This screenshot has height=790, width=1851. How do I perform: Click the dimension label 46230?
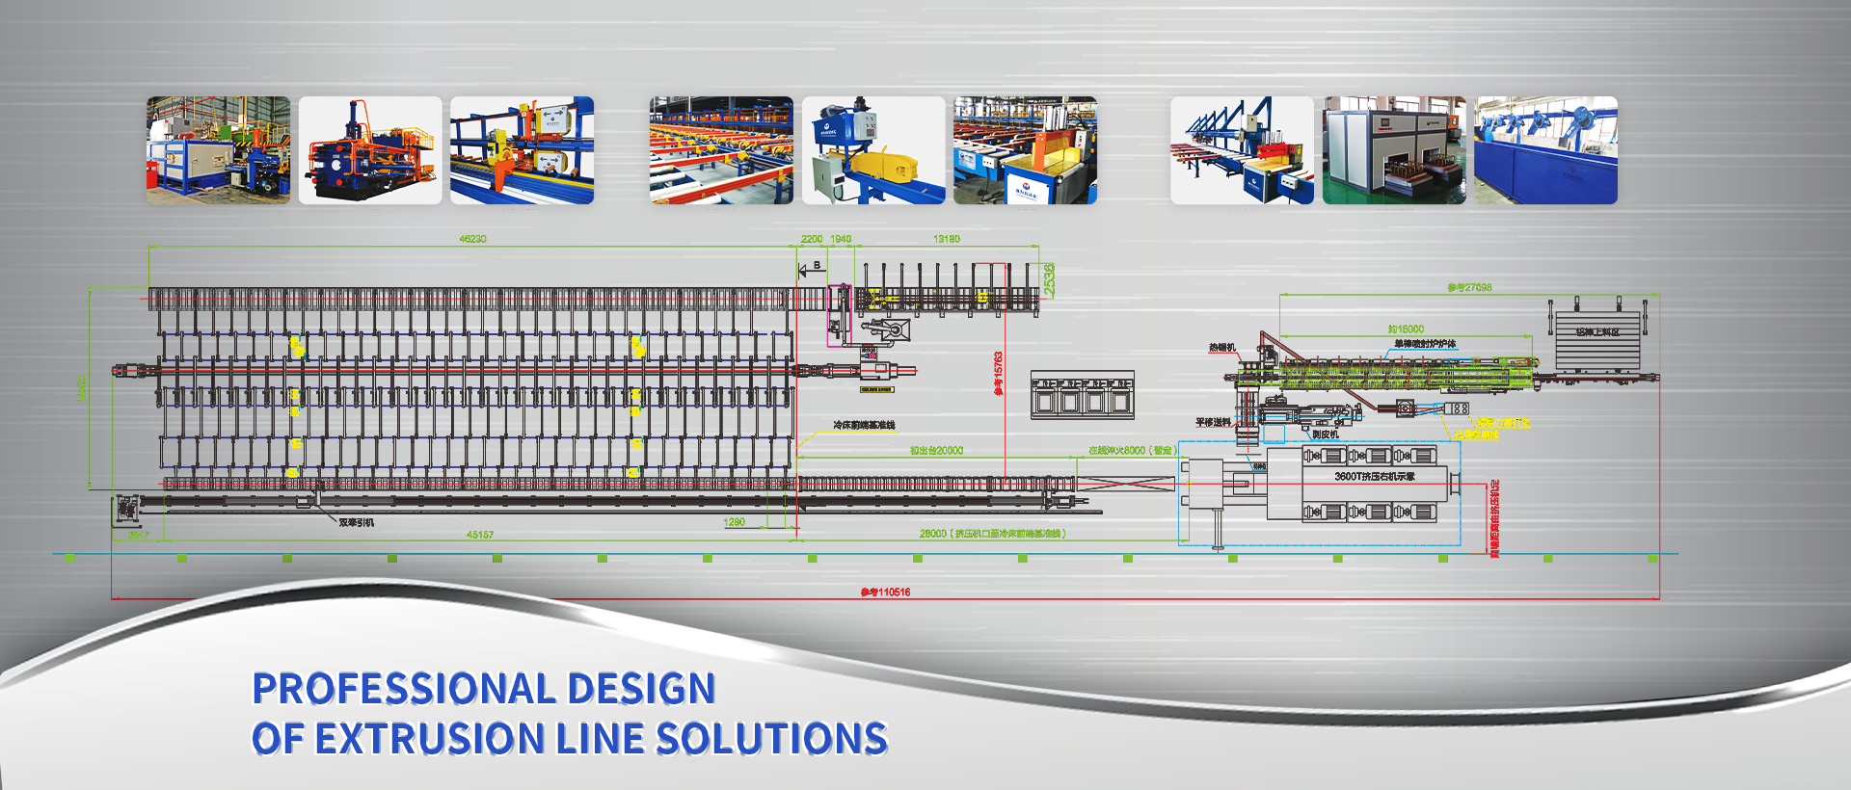(x=472, y=239)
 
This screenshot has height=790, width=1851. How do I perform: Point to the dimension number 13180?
(x=947, y=239)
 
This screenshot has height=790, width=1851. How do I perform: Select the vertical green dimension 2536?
(x=1049, y=279)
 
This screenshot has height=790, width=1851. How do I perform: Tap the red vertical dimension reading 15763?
(x=999, y=372)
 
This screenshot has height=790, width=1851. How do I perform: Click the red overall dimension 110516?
(x=886, y=592)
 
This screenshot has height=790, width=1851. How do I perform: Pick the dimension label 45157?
(x=480, y=535)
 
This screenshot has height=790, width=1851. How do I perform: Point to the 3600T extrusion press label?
(x=1374, y=477)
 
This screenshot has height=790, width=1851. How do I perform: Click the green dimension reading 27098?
(x=1469, y=288)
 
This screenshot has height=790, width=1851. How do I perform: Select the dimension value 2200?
(x=812, y=239)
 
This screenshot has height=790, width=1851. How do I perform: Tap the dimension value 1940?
(x=841, y=239)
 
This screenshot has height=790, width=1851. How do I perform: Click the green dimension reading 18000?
(x=1406, y=329)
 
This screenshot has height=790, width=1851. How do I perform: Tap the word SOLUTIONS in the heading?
(x=771, y=739)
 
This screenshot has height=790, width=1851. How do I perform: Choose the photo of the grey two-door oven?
(x=1394, y=150)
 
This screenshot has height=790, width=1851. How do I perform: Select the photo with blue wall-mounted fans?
(x=1546, y=150)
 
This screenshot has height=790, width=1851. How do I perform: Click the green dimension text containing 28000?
(x=992, y=534)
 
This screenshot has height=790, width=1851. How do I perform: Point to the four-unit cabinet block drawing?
(x=1082, y=395)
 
